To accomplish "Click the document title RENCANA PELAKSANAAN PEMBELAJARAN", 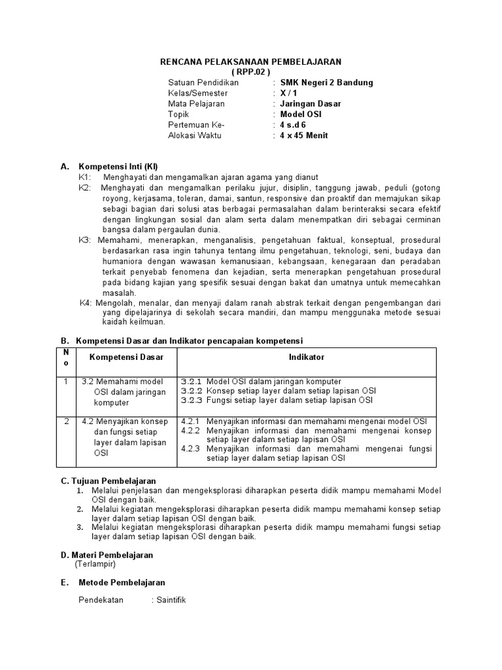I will pos(251,62).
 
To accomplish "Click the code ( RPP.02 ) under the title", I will pos(251,71).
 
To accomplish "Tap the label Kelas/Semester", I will pos(193,93).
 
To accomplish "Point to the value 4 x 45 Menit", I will pos(304,135).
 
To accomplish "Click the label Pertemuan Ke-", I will pos(195,125).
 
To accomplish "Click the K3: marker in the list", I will pos(86,240).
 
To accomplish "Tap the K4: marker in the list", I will pos(86,303).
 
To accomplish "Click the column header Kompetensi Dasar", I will pos(126,357).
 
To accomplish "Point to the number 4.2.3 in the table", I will pos(192,450).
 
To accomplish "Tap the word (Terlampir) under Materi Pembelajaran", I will pos(95,564).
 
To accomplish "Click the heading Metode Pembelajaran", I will pos(122,582).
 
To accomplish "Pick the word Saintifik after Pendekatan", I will pos(171,601).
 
